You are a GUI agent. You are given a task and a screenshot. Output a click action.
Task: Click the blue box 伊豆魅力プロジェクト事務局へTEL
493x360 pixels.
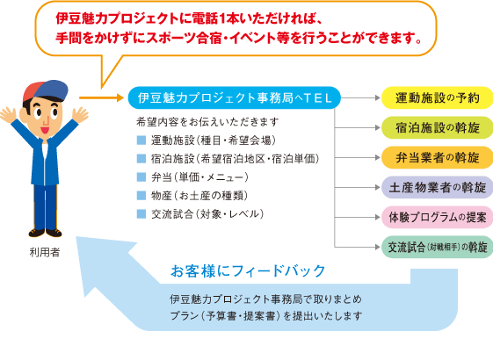click(x=235, y=98)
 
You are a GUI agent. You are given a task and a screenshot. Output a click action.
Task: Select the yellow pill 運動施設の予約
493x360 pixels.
click(x=437, y=98)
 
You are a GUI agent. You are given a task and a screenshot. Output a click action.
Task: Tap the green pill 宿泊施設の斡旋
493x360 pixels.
click(x=437, y=128)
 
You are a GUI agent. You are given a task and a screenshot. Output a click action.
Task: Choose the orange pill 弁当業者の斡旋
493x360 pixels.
click(x=437, y=157)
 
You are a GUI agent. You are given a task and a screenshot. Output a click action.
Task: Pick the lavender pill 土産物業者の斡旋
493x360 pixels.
click(x=437, y=188)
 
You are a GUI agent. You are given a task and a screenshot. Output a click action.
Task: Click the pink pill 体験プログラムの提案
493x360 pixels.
click(x=437, y=217)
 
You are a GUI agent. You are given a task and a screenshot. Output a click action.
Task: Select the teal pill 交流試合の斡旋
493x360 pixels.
click(x=437, y=247)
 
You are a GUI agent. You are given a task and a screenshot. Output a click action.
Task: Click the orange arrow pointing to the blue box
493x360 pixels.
click(x=101, y=97)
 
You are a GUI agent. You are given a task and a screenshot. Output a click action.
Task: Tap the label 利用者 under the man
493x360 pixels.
click(x=45, y=252)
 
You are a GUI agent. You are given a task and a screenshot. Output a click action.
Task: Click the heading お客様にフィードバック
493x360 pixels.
click(x=248, y=270)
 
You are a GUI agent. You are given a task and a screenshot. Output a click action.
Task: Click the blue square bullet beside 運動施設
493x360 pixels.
click(x=141, y=140)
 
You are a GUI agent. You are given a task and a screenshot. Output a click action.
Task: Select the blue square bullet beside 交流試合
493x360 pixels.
click(x=141, y=214)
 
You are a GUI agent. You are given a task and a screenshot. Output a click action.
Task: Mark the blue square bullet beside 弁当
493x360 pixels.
click(x=141, y=177)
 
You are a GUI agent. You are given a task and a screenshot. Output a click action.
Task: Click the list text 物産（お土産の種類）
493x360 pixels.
click(x=199, y=196)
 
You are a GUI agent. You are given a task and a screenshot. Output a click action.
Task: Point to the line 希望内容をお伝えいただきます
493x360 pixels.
click(x=207, y=121)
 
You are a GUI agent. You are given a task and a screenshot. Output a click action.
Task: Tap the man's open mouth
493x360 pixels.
click(x=45, y=129)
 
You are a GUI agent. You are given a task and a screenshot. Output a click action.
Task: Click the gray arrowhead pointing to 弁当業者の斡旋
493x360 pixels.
click(x=378, y=158)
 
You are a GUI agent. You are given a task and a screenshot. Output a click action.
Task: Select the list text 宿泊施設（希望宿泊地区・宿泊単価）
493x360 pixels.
click(x=236, y=159)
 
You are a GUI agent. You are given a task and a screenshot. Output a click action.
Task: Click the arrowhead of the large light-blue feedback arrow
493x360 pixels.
click(x=104, y=267)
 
